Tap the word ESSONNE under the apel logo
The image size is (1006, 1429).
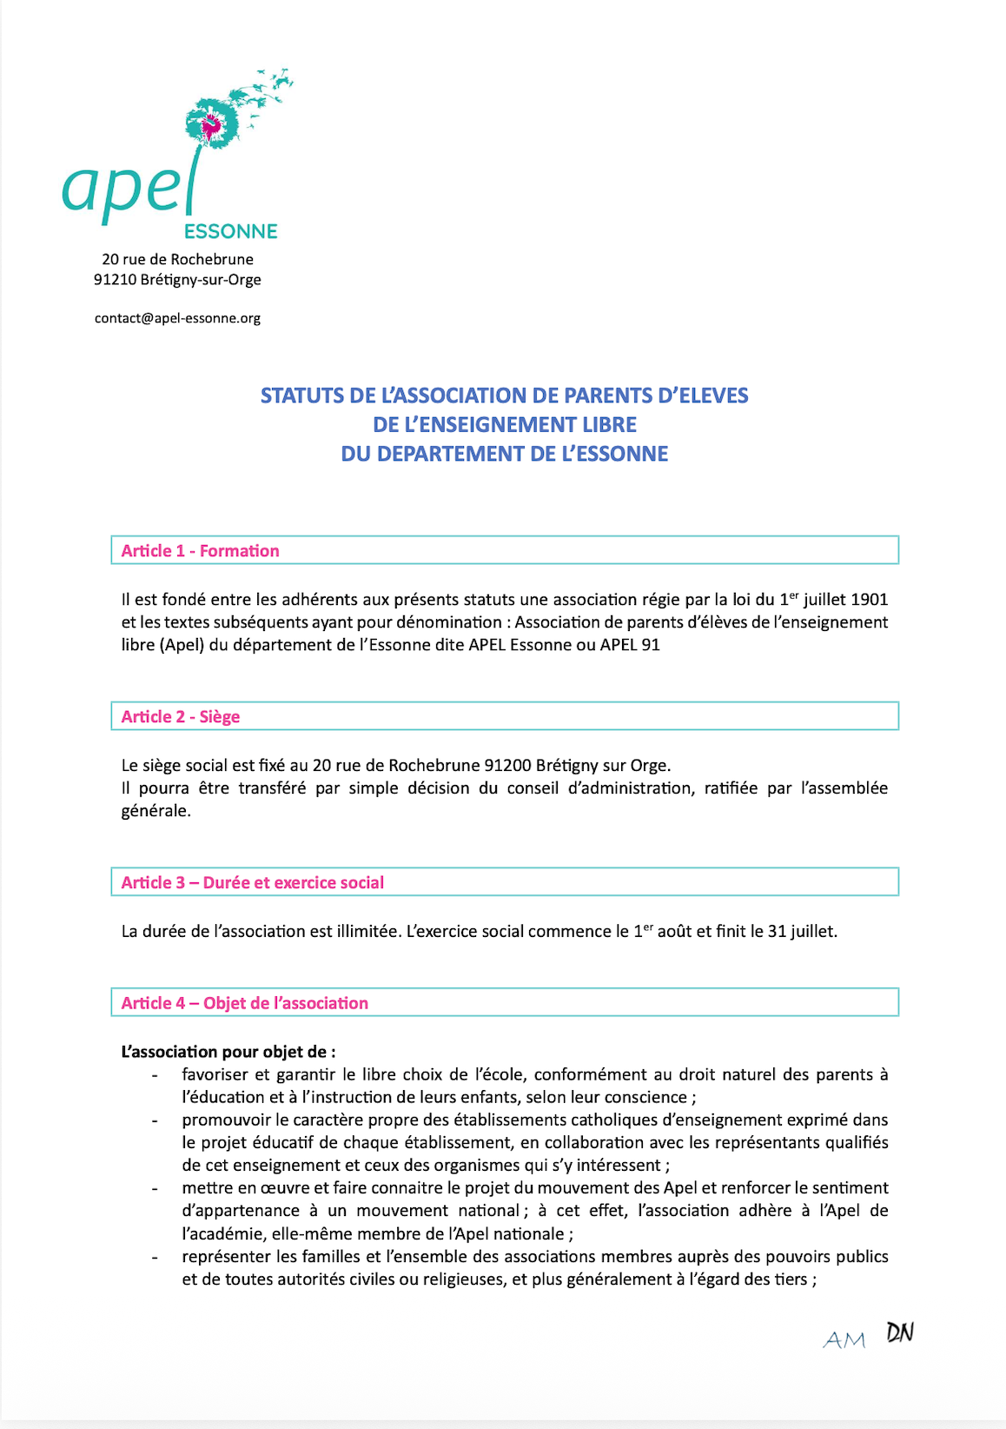[231, 231]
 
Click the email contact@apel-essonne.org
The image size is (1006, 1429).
[177, 318]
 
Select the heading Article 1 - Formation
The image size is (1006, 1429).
[200, 551]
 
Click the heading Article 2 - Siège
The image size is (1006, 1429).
[181, 717]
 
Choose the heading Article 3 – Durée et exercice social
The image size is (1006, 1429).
[253, 883]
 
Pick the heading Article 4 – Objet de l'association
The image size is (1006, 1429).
[245, 1003]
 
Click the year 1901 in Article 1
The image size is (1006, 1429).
[869, 600]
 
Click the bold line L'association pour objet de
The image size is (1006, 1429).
[228, 1052]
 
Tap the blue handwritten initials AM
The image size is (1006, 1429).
[844, 1340]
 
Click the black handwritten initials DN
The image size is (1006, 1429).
[900, 1333]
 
